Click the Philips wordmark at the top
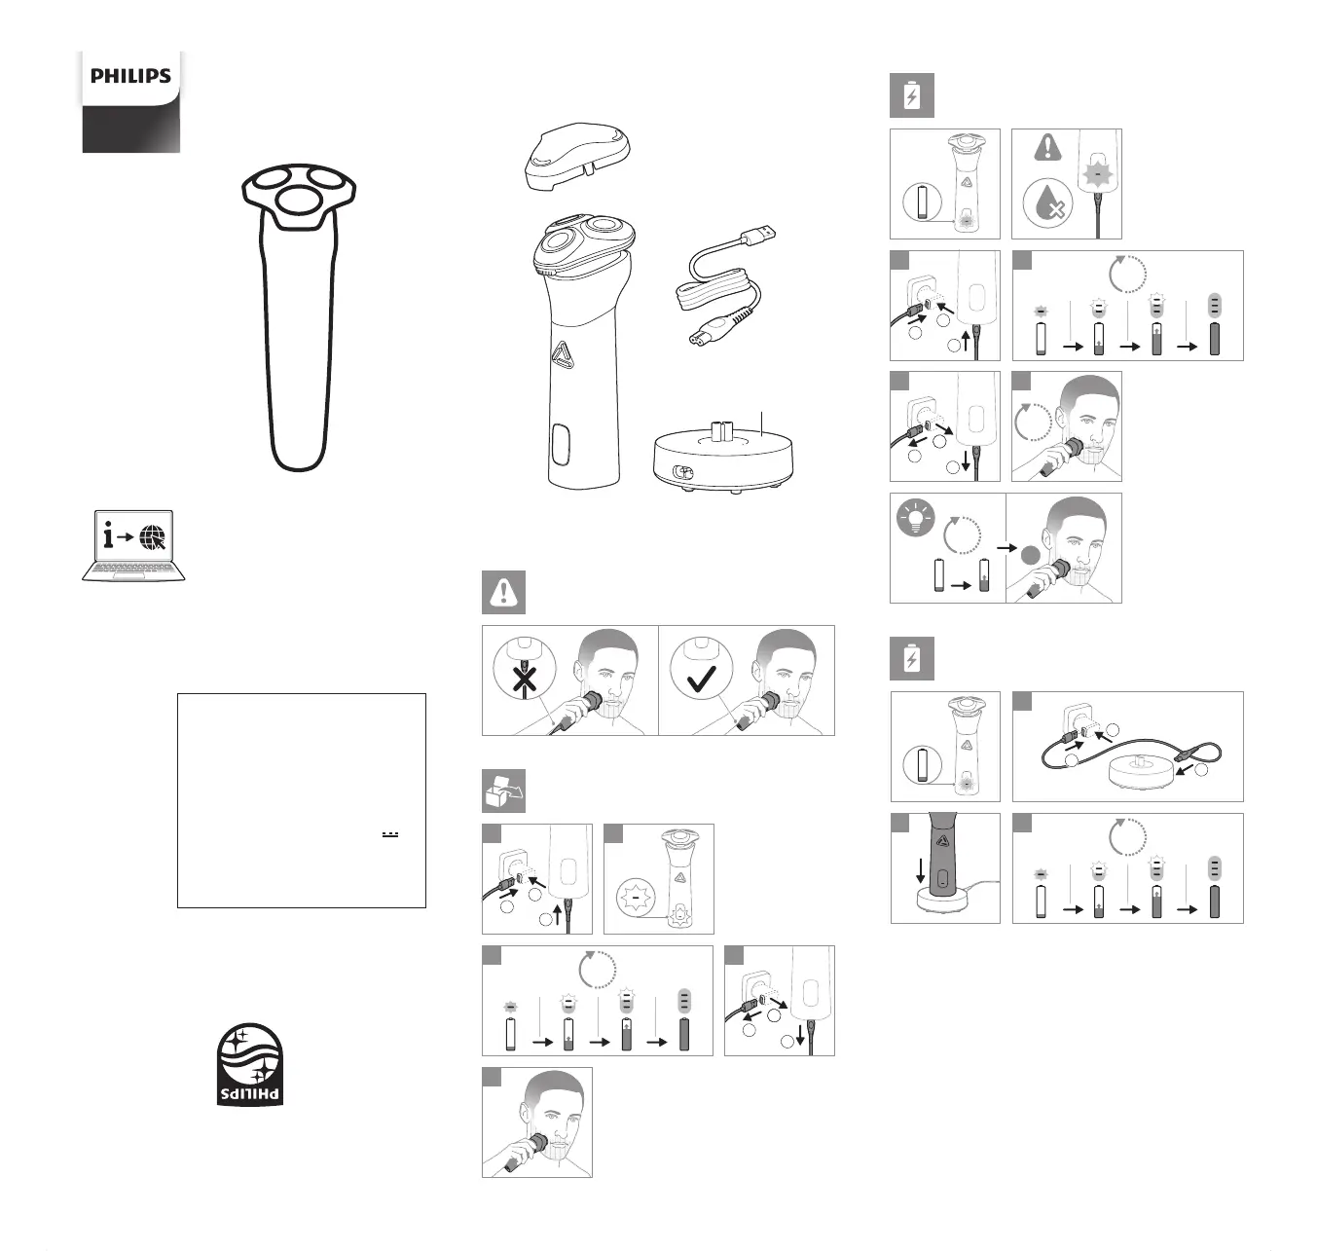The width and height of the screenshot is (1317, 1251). pos(130,76)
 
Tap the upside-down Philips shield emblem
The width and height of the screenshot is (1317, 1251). pos(250,1064)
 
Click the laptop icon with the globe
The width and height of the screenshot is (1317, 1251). pos(134,545)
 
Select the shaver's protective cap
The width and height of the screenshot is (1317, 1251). pos(577,157)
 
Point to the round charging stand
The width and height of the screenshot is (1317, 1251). pos(723,458)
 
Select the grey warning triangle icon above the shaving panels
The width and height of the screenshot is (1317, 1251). pos(504,592)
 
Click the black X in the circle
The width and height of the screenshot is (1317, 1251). pos(525,680)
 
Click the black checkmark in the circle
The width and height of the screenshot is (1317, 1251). pos(702,678)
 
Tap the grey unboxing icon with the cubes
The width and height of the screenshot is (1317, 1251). pos(504,791)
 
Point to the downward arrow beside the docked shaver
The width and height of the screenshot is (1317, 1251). pos(921,869)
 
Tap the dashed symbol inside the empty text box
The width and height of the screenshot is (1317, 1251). pos(390,834)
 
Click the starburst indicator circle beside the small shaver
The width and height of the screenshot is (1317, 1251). pos(635,898)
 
